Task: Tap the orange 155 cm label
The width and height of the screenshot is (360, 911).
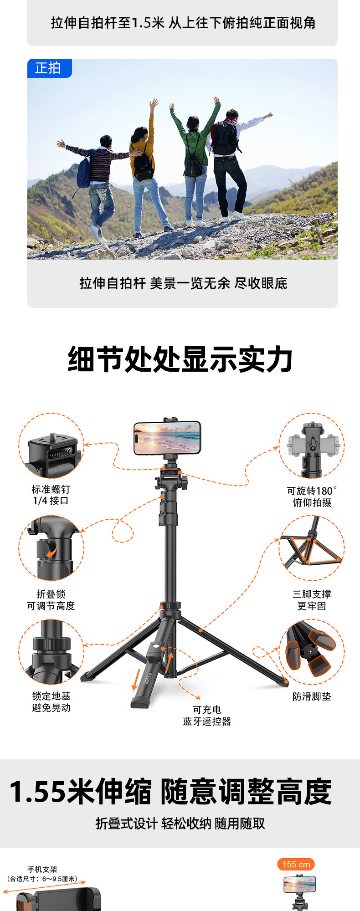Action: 296,864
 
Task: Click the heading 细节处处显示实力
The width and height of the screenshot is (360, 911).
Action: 180,359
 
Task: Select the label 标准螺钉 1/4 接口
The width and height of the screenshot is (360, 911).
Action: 51,495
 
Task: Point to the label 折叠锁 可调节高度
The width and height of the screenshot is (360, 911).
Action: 51,600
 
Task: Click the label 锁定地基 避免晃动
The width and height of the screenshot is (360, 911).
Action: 51,702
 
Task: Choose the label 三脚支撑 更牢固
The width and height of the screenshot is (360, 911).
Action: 312,600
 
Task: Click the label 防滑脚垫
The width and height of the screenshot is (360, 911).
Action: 312,696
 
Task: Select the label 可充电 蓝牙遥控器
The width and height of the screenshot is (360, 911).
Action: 207,716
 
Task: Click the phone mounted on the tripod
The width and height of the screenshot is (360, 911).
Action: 167,438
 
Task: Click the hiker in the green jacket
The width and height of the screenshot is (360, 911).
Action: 195,159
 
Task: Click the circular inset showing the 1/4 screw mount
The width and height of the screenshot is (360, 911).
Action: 51,446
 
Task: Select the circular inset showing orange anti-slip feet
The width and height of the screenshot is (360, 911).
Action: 312,652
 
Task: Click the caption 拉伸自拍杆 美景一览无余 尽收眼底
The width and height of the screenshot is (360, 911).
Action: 183,283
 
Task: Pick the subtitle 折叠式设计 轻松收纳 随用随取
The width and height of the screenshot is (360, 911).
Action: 180,824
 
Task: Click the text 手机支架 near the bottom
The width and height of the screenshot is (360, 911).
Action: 42,869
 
